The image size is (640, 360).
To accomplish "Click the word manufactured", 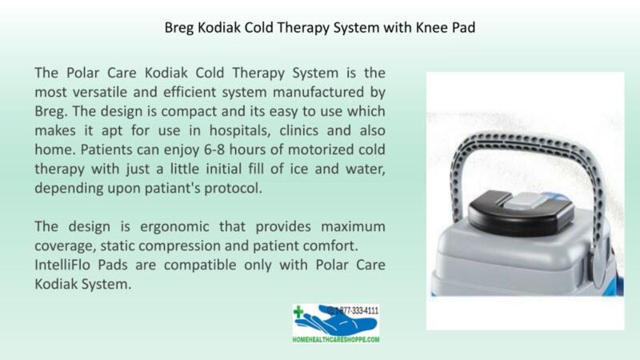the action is pos(318,92).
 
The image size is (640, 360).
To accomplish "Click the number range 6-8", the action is pos(214,150).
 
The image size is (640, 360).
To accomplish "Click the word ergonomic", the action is pos(174,227).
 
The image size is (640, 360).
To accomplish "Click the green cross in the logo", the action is pos(298,311).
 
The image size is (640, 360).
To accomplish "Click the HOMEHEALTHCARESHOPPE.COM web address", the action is pos(336,339).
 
